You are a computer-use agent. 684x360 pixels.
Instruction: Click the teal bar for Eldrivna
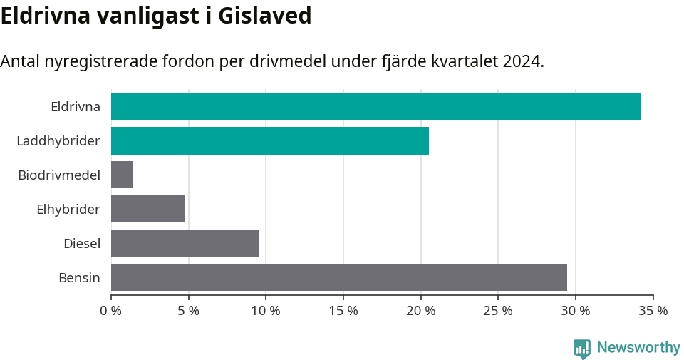coord(375,107)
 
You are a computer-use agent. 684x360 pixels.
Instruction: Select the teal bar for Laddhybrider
coord(269,141)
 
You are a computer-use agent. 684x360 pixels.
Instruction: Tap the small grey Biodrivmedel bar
coord(122,175)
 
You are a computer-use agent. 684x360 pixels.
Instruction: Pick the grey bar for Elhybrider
coord(148,209)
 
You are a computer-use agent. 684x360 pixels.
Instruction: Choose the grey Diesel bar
coord(185,243)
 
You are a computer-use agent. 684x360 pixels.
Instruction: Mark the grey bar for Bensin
coord(338,277)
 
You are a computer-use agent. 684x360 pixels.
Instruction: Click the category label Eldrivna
coord(76,107)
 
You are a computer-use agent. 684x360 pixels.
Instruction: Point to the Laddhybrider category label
coord(58,141)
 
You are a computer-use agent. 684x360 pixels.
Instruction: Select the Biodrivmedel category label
coord(59,175)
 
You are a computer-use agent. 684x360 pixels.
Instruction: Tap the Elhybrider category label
coord(68,209)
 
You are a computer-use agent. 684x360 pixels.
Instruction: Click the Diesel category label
coord(82,243)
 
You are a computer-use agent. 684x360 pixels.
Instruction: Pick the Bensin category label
coord(79,277)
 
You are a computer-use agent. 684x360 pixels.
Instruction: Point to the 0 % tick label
coord(111,311)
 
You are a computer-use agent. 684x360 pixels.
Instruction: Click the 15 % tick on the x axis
coord(343,311)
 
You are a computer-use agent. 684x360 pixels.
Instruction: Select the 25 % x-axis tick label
coord(498,311)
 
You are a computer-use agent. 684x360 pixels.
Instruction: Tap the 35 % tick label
coord(653,311)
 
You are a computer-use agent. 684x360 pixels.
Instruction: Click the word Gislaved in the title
coord(264,16)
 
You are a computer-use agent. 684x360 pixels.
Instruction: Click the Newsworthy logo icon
coord(582,348)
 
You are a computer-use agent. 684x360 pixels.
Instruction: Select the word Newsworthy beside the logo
coord(638,348)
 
